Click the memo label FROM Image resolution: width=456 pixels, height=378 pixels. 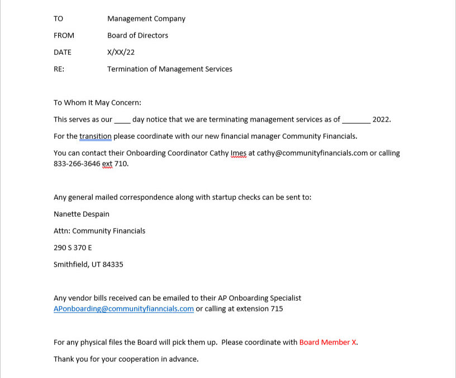64,35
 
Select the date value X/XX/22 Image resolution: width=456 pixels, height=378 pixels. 121,52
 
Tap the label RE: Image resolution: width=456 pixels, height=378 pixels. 59,69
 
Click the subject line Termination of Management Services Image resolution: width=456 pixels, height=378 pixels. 169,69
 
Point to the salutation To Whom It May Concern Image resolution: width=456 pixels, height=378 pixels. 97,102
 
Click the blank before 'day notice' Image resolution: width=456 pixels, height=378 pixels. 122,120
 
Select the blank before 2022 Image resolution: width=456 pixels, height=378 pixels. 356,120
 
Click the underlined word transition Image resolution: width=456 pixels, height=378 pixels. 96,136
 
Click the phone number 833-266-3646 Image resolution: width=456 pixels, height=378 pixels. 77,164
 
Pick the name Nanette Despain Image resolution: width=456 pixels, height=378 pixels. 82,214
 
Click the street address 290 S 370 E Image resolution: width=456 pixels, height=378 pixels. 73,248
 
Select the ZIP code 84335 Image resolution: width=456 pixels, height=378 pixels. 112,264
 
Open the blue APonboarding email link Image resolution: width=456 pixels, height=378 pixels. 123,309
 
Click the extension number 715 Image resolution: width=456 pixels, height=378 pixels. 277,309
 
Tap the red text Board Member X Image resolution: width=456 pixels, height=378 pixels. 327,342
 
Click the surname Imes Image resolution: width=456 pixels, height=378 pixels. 239,153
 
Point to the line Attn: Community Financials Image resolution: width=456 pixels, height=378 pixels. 99,231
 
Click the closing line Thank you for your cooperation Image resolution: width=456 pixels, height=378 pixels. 126,359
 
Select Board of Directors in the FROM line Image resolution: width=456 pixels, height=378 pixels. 137,35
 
